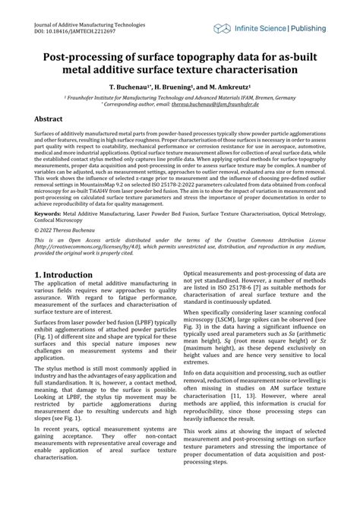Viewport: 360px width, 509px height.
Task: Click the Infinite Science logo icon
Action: pos(222,28)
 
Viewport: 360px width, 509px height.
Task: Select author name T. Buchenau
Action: pos(135,87)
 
